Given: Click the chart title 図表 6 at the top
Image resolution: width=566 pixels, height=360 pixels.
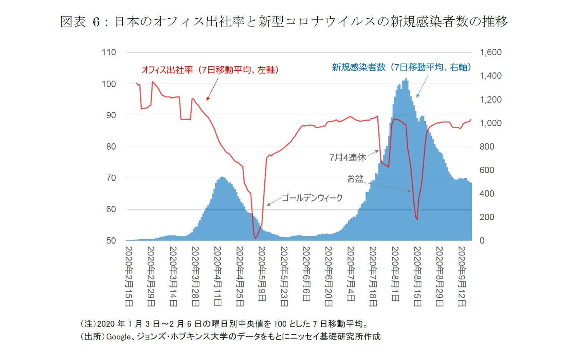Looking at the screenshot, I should [283, 21].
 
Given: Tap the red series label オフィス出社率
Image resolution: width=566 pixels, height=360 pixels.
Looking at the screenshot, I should [210, 70].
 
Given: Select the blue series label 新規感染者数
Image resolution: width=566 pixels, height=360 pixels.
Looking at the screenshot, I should [401, 67].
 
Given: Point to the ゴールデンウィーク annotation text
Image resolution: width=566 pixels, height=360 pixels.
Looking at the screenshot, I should [312, 198].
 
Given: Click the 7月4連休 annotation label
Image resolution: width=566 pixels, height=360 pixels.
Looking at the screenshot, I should [348, 157].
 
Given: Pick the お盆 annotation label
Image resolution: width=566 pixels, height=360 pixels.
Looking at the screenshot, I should [355, 179].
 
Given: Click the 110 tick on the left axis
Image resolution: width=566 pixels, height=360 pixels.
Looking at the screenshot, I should [109, 52].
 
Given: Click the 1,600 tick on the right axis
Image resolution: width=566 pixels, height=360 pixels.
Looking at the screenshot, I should [490, 52].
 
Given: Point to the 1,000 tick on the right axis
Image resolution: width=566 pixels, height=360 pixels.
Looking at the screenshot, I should [490, 123].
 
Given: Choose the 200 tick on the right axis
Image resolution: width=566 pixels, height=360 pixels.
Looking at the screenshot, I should [487, 217].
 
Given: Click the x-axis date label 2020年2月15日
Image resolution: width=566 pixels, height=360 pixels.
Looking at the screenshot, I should [129, 276].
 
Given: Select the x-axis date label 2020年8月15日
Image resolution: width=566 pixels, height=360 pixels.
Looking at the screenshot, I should [417, 276].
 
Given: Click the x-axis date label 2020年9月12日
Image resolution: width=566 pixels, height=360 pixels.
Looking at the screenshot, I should [462, 276].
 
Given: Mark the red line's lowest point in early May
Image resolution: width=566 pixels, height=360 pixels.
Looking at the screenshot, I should [255, 238].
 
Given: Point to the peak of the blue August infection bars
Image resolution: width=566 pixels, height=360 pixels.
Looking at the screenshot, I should [406, 79].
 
